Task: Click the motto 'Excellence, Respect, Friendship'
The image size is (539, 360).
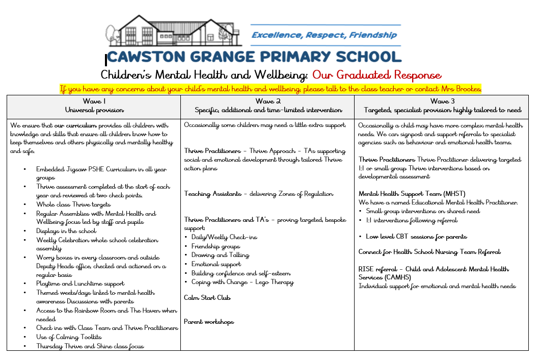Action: (x=324, y=35)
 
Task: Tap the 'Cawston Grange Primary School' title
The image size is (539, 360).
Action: (x=254, y=56)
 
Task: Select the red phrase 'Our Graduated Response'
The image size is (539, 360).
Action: (x=376, y=75)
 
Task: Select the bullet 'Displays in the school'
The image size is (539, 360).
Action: (x=66, y=231)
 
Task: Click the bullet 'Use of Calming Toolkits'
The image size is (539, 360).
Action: (x=69, y=337)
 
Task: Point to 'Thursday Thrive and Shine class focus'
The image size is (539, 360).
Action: (x=90, y=346)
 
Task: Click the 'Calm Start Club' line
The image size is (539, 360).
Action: (x=207, y=297)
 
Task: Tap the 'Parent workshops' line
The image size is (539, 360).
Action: (x=209, y=322)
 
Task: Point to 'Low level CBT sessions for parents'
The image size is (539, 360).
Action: (x=416, y=237)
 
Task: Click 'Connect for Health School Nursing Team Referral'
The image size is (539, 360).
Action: (x=429, y=252)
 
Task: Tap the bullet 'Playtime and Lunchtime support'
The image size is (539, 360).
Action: (x=80, y=284)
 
